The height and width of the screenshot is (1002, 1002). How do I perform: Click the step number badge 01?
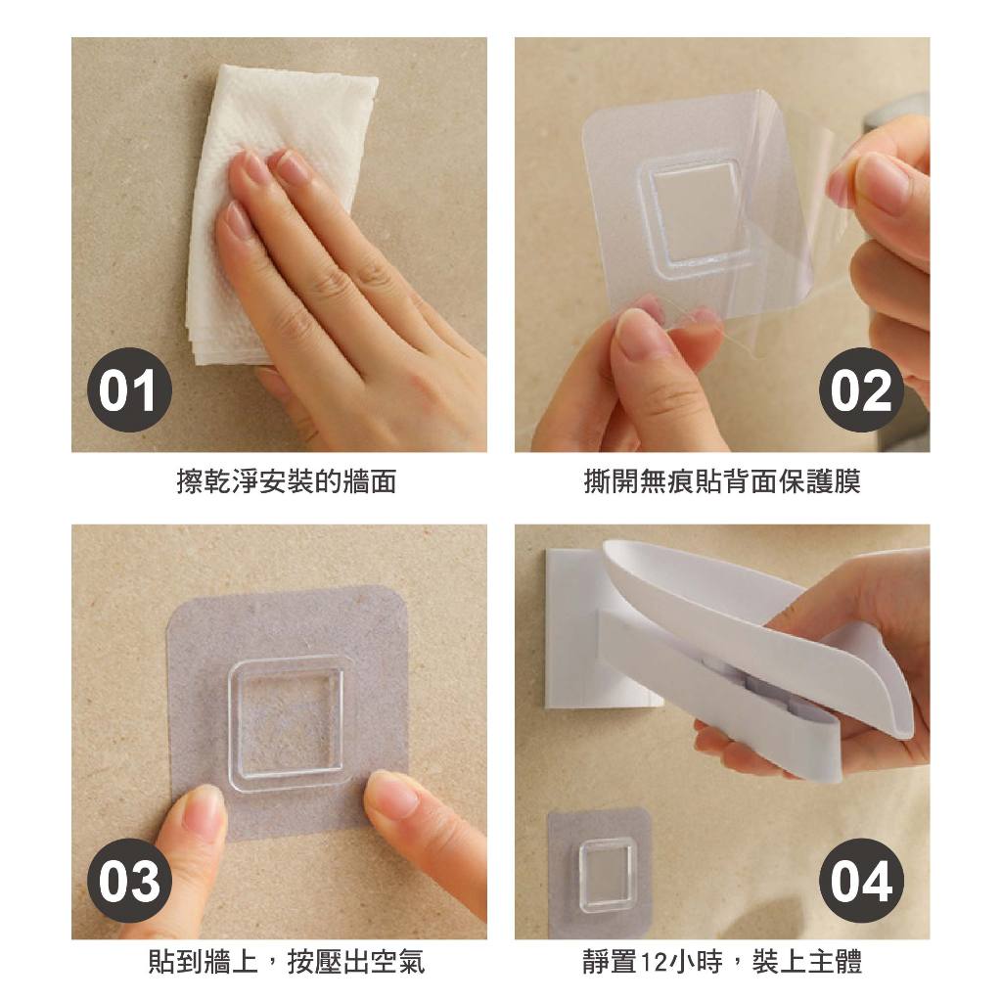click(130, 389)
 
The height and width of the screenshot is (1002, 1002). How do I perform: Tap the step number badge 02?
click(861, 389)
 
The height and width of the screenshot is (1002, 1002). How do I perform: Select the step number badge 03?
click(130, 881)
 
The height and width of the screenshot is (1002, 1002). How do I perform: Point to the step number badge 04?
click(861, 881)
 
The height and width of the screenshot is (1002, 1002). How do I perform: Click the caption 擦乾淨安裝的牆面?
click(287, 481)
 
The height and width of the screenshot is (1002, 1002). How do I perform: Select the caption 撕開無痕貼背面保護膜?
click(722, 481)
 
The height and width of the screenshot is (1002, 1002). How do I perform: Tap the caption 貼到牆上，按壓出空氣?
click(287, 961)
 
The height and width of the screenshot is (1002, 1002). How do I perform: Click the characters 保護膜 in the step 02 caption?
click(819, 481)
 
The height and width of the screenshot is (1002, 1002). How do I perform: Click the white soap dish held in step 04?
click(754, 646)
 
